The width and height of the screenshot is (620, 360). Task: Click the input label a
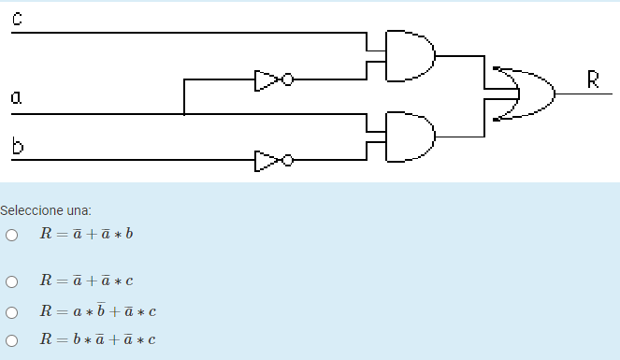tap(16, 96)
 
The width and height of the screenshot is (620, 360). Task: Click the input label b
tap(17, 146)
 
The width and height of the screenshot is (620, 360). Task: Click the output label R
tap(593, 79)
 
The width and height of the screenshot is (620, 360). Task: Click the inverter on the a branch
tap(272, 80)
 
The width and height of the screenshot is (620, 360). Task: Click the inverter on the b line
tap(272, 161)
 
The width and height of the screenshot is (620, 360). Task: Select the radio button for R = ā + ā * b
tap(11, 235)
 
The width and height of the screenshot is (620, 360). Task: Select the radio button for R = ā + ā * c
tap(11, 281)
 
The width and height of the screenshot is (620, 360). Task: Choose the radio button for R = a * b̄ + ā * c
tap(11, 311)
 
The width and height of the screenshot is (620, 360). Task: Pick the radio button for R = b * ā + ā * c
tap(11, 340)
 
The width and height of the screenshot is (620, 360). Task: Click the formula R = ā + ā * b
tap(86, 234)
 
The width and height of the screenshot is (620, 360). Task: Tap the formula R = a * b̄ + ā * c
tap(96, 310)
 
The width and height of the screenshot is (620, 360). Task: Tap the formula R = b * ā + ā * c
tap(96, 339)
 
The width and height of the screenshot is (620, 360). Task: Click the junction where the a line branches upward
tap(184, 114)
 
